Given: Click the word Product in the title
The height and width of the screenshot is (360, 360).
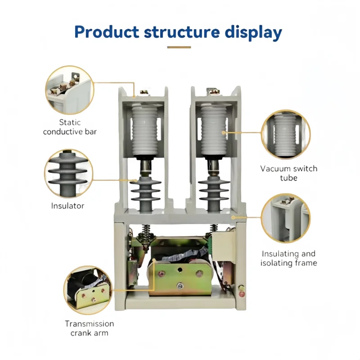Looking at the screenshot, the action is pos(107,32).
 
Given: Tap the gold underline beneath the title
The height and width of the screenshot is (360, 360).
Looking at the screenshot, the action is pos(179,47).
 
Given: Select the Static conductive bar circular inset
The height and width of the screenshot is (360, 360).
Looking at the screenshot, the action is pos(70,90).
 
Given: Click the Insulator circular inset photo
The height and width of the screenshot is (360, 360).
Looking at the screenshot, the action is pos(69,174).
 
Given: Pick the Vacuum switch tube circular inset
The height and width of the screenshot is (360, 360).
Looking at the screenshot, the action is pos(286,134).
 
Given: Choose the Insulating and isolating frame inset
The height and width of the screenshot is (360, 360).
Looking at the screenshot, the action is pos(286,218).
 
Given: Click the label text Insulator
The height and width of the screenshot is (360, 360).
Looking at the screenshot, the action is pos(68,206).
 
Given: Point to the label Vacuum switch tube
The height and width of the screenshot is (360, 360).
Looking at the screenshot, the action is pos(289,173).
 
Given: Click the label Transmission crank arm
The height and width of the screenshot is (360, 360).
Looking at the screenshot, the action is pos(89,328).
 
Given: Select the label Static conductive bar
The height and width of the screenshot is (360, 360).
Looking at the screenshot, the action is pos(70,127).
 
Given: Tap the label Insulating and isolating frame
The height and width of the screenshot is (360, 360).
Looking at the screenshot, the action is pos(288,258).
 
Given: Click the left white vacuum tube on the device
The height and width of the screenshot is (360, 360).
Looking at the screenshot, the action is pos(144,130).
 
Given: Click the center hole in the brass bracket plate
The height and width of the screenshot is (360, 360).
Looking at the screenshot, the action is pos(180,269).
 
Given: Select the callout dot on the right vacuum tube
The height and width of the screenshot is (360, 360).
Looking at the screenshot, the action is pos(223,132).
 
